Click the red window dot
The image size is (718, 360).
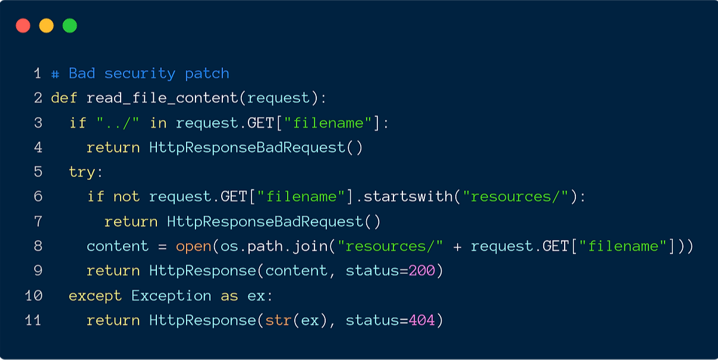tap(23, 26)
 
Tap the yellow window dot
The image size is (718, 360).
tap(46, 26)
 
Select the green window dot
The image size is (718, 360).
tap(70, 26)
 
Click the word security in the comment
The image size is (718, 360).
tap(140, 74)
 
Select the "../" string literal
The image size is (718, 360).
tap(118, 123)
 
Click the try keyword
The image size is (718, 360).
tap(82, 172)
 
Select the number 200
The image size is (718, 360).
tap(421, 271)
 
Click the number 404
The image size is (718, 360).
tap(421, 320)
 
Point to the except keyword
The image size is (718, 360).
tap(95, 296)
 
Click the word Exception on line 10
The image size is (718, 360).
tap(171, 296)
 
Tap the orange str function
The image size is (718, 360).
tap(278, 320)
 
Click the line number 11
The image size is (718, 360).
tap(33, 320)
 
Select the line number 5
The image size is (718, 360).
tap(38, 172)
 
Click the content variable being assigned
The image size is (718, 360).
tap(117, 246)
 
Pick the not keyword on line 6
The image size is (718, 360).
tap(126, 197)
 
